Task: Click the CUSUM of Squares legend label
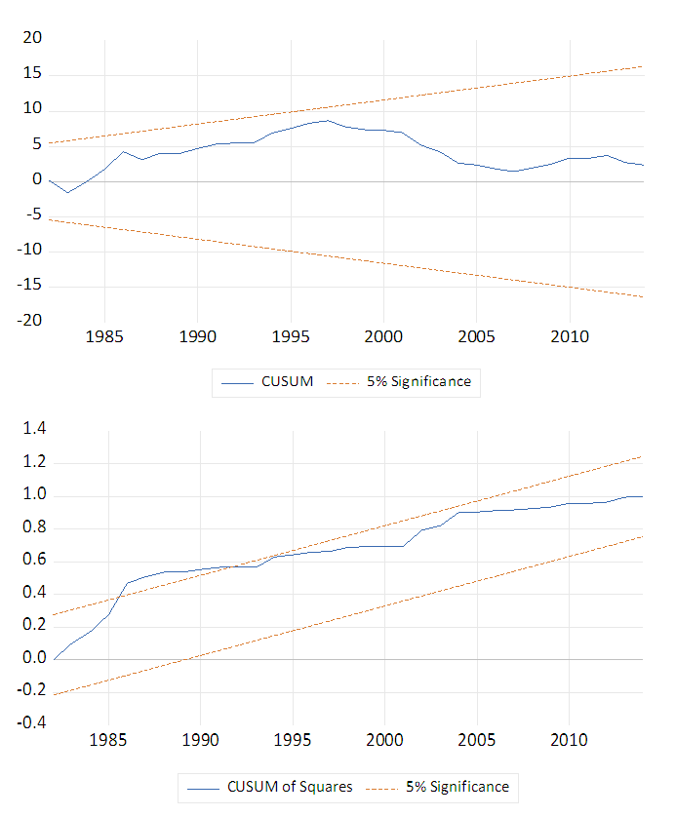[290, 786]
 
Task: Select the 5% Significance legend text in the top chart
[418, 381]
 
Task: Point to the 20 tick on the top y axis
[32, 38]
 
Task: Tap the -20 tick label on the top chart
[28, 321]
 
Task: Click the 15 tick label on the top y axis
[32, 74]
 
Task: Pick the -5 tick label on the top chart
[32, 215]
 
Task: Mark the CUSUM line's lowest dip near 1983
[67, 192]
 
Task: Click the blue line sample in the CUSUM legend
[237, 382]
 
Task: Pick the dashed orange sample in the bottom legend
[388, 787]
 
